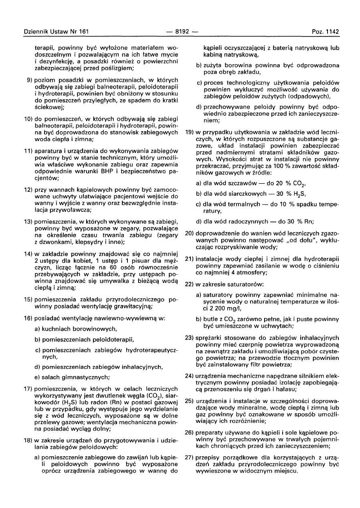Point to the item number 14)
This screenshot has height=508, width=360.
pos(28,254)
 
